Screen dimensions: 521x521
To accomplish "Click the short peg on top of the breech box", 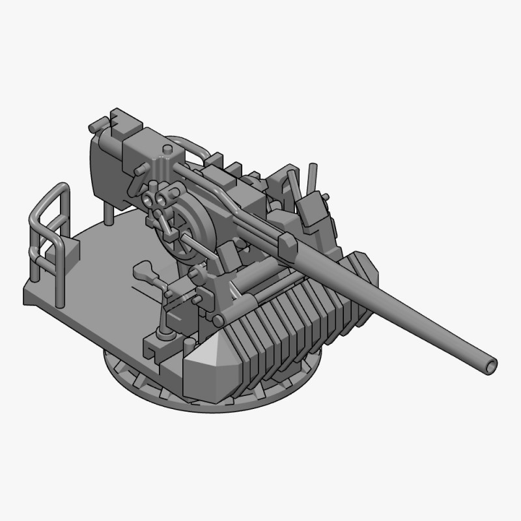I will click(168, 151).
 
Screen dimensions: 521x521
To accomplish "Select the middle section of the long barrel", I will click(391, 306).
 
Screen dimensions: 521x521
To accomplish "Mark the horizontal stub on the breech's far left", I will click(95, 123).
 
